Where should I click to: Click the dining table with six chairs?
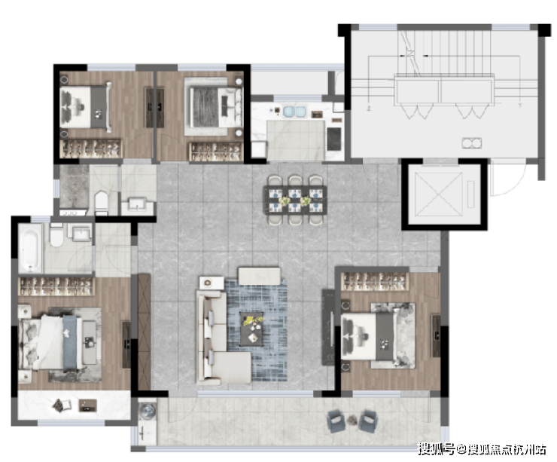coord(294,200)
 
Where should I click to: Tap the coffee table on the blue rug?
coord(251,329)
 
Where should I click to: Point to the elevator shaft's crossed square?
coord(440,194)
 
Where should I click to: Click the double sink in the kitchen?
coord(294,112)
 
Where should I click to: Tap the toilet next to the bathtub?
coord(56,234)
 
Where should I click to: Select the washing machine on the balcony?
coord(147,412)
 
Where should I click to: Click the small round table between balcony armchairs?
coord(352,420)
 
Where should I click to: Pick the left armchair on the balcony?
coord(336,421)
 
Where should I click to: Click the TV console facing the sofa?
coord(329,326)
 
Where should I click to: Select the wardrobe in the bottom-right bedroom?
coord(375,281)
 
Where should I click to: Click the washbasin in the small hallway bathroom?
coord(138,203)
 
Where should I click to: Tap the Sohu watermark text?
coord(481,449)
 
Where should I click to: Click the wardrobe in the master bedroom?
coord(56,286)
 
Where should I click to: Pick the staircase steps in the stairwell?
coord(444,52)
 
